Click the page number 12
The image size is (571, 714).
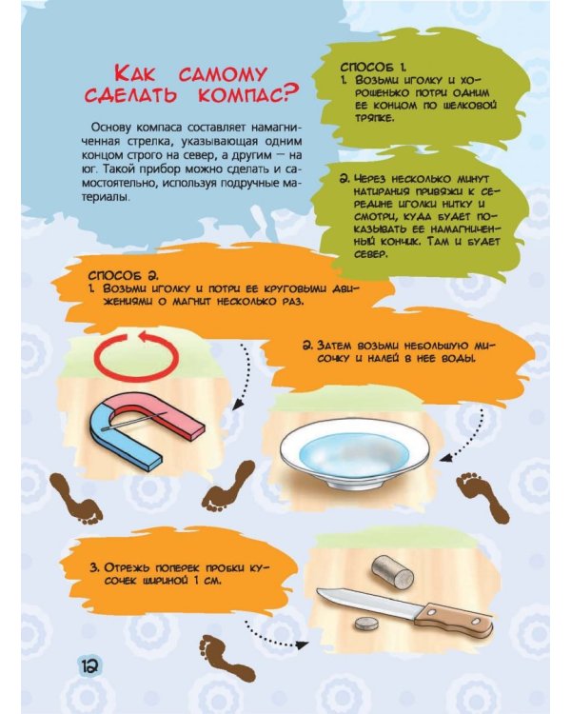coord(89,666)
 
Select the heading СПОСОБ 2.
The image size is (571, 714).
coord(123,276)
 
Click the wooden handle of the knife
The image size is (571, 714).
coord(455,619)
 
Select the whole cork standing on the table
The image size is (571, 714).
coord(392,572)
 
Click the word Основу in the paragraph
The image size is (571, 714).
coord(107,127)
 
